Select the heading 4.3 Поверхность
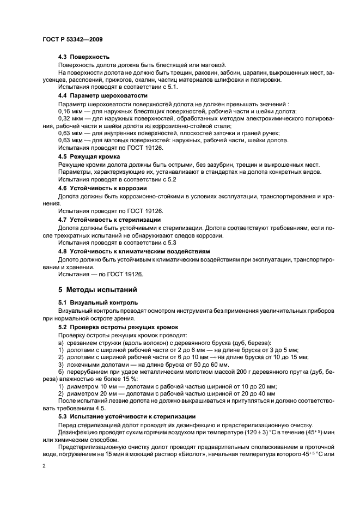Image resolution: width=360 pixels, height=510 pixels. (84, 57)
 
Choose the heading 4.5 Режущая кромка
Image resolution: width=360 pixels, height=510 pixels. (89, 156)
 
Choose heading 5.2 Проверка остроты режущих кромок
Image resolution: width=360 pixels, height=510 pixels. (114, 326)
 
